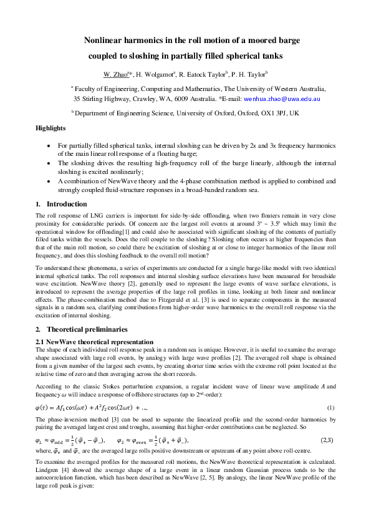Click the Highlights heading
pos(51,128)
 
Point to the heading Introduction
pos(67,204)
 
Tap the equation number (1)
pos(332,407)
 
